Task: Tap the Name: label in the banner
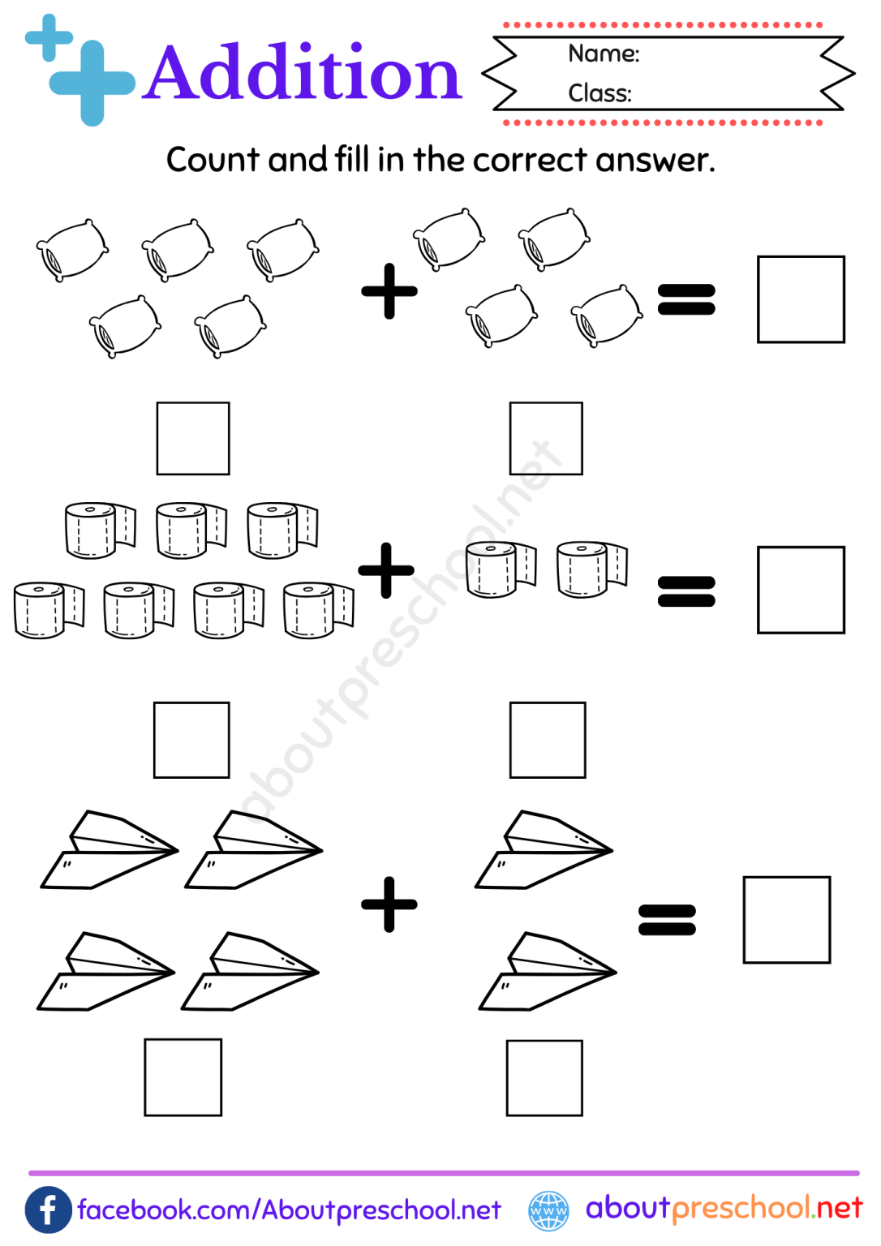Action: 604,54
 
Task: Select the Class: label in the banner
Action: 600,93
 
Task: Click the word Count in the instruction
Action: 213,160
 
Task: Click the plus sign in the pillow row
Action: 389,290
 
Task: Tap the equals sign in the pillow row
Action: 686,299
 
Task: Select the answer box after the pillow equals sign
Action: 801,299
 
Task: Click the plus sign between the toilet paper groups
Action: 386,570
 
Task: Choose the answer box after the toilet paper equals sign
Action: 801,590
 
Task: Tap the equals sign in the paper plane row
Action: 667,920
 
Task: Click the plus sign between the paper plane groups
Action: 389,904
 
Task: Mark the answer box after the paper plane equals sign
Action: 787,920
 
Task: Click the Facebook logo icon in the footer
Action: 49,1210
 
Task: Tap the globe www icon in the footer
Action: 549,1211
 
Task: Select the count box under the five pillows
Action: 193,438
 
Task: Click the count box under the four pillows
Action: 546,438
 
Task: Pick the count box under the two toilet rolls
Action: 548,740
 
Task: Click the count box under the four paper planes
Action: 183,1077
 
